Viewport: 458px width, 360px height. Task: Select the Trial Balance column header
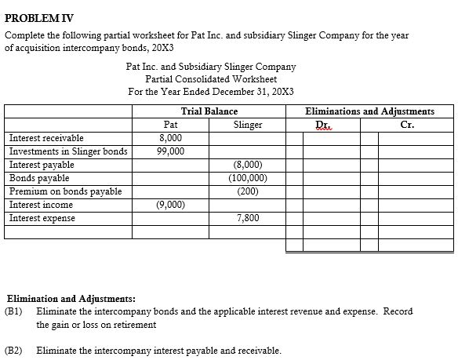click(x=209, y=111)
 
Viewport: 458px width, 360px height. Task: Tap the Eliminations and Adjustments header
click(x=369, y=111)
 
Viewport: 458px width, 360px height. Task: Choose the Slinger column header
click(x=248, y=125)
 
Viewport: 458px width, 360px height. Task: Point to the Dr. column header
click(x=322, y=125)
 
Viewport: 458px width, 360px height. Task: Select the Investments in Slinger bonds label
click(x=67, y=151)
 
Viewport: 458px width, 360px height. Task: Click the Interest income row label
click(x=41, y=205)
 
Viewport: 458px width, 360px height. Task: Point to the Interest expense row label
click(x=42, y=218)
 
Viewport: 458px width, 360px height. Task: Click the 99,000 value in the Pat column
click(x=170, y=151)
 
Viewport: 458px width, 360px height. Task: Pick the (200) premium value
click(x=248, y=191)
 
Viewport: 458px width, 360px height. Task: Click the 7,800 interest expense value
click(x=248, y=218)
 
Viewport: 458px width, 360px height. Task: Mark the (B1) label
click(x=13, y=311)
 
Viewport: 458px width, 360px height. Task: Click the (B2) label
click(x=13, y=351)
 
